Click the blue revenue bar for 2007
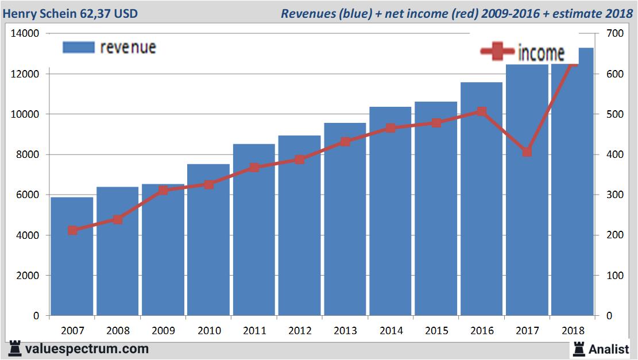click(72, 258)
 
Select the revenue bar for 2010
click(208, 241)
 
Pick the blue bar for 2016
click(481, 201)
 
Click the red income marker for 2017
click(527, 152)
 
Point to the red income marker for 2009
click(163, 190)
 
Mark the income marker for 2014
click(390, 128)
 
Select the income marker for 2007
click(72, 230)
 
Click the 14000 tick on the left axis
click(25, 34)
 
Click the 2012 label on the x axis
click(300, 331)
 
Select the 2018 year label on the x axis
click(573, 331)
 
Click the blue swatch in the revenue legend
click(78, 48)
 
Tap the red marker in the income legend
click(497, 52)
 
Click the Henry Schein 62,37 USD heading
click(70, 13)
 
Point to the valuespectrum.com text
click(87, 349)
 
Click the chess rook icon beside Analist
click(578, 349)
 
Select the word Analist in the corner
click(609, 349)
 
